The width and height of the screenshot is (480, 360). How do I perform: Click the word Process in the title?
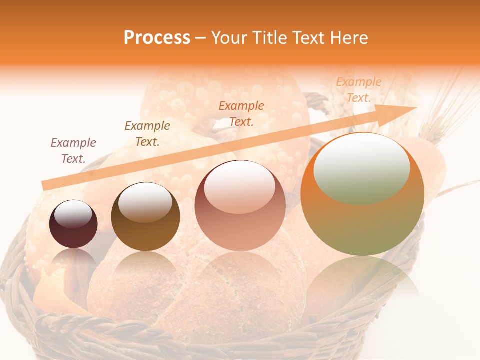click(157, 38)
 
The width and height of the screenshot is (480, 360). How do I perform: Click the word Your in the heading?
click(230, 38)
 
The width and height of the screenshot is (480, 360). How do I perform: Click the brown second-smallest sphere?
click(145, 217)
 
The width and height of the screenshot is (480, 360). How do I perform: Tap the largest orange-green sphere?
click(362, 194)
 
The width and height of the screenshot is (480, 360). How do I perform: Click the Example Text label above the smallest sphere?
click(73, 151)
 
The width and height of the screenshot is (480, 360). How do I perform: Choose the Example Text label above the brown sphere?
click(147, 134)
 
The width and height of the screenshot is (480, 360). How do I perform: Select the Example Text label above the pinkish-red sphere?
click(241, 113)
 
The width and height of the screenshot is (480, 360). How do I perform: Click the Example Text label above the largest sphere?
click(358, 90)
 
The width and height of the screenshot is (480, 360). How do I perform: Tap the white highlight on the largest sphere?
click(362, 168)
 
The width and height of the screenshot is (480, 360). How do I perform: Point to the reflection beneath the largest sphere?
click(362, 280)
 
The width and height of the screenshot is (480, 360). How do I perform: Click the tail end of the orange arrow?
click(46, 185)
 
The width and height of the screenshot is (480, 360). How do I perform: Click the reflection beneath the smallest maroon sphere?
click(73, 260)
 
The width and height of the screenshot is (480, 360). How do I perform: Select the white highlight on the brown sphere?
click(145, 202)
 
